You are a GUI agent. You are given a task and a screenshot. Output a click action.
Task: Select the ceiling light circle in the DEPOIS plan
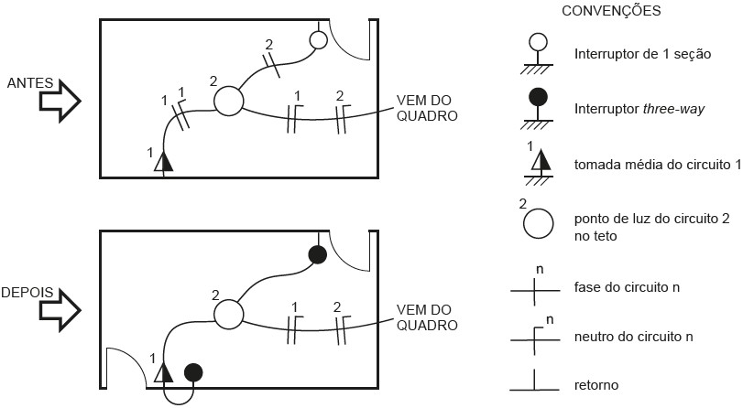pyautogui.click(x=228, y=314)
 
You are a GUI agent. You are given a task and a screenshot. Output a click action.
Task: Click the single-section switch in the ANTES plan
pyautogui.click(x=318, y=39)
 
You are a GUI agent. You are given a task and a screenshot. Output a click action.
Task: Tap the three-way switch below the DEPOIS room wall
pyautogui.click(x=193, y=372)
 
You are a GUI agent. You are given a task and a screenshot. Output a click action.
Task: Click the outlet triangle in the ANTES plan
pyautogui.click(x=164, y=162)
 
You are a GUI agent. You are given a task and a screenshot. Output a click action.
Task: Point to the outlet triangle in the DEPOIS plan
pyautogui.click(x=164, y=372)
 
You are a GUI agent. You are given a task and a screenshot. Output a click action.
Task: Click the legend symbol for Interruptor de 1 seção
pyautogui.click(x=540, y=42)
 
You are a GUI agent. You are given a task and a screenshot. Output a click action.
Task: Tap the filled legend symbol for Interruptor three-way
pyautogui.click(x=540, y=97)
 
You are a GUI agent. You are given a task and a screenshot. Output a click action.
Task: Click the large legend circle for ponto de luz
pyautogui.click(x=540, y=222)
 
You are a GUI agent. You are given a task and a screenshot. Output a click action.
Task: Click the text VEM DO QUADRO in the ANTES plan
pyautogui.click(x=425, y=108)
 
